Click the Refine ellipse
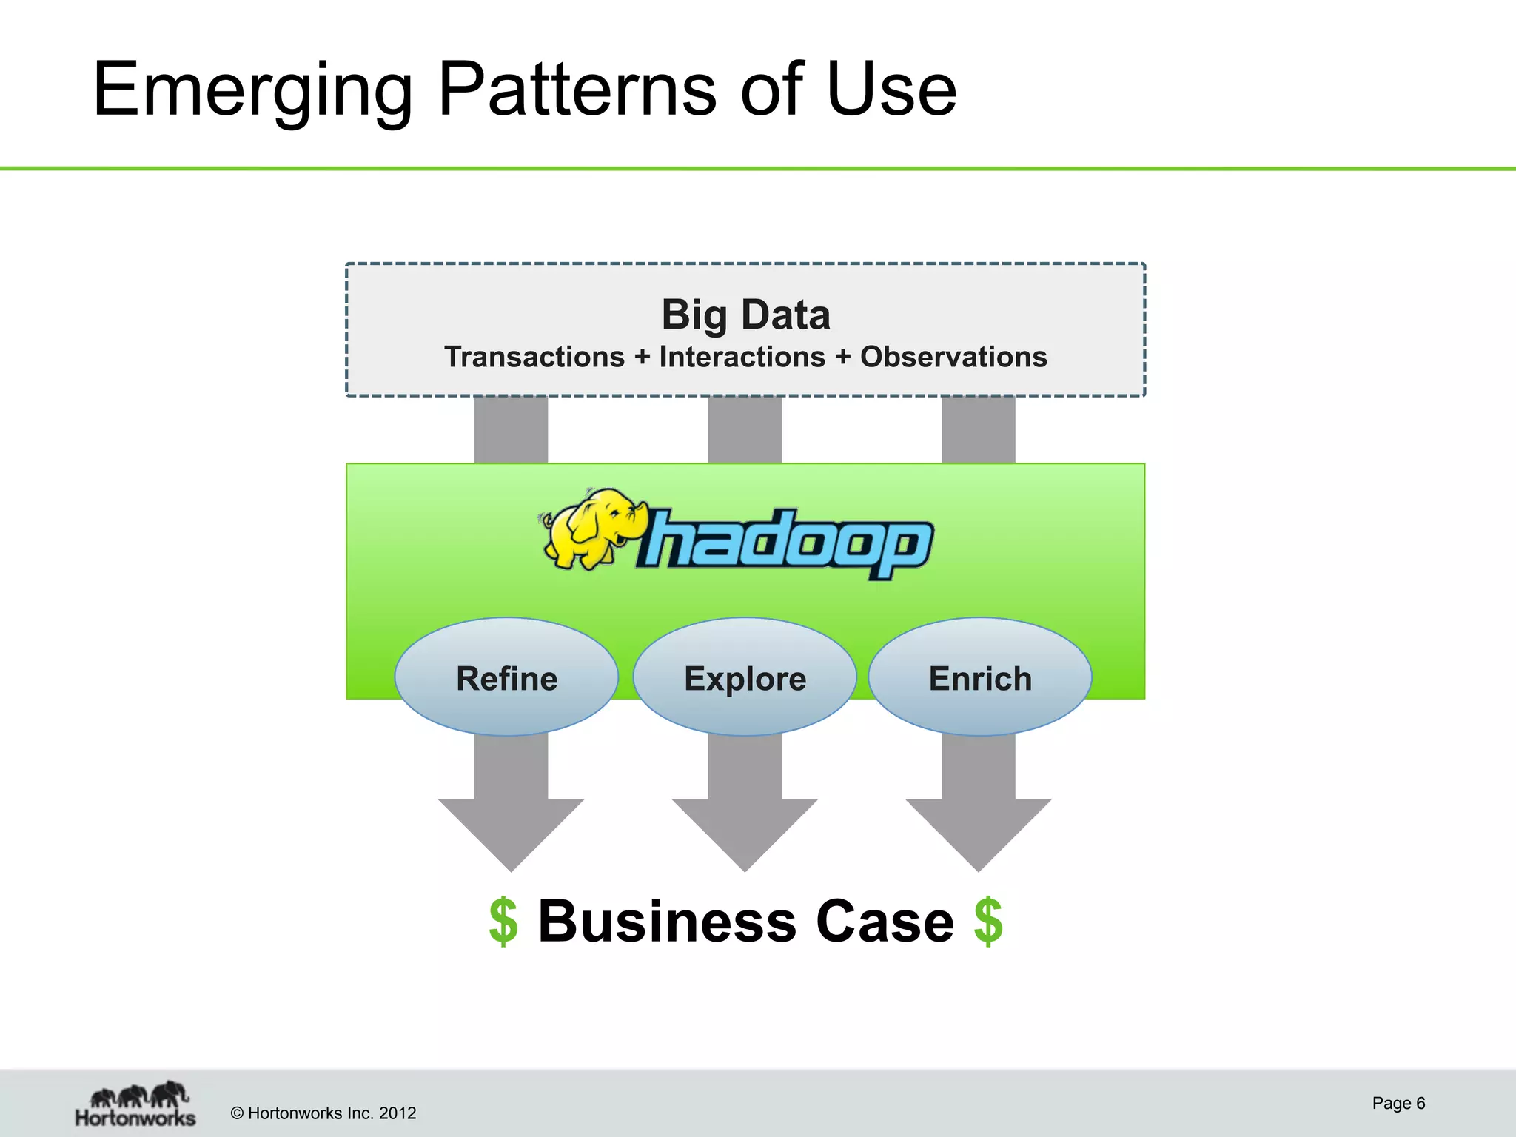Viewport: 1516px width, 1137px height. point(506,677)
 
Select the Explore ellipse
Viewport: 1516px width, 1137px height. point(745,677)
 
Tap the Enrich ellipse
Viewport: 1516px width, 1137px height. point(979,677)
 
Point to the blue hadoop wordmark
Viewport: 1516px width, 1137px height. point(785,542)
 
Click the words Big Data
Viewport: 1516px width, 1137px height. point(745,315)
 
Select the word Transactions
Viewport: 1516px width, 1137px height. point(534,357)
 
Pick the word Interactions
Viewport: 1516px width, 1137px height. point(742,357)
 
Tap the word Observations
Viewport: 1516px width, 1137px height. point(953,357)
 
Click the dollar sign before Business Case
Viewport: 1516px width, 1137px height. point(503,921)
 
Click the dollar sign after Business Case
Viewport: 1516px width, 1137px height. point(988,921)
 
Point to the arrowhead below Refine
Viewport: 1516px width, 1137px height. point(511,829)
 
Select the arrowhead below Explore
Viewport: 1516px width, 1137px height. point(745,829)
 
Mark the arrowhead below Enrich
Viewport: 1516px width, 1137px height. point(978,829)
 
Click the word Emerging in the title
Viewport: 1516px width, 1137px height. point(252,90)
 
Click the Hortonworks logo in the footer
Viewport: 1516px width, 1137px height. point(136,1104)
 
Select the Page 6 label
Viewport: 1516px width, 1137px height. point(1398,1103)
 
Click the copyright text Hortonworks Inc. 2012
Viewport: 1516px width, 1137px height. point(323,1113)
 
